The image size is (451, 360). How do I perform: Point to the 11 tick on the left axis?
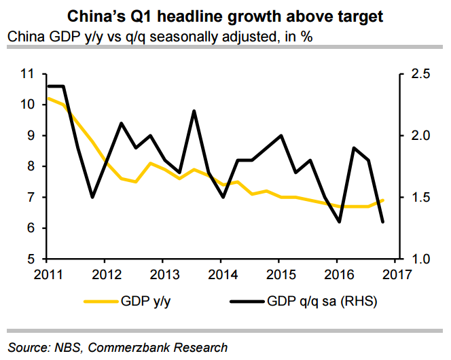click(29, 73)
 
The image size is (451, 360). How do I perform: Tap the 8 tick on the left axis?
click(33, 166)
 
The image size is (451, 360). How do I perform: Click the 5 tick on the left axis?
click(33, 259)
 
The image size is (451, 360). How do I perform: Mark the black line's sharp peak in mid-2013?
click(194, 111)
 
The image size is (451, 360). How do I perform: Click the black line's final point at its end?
click(383, 222)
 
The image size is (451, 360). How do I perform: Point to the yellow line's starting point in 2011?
click(47, 98)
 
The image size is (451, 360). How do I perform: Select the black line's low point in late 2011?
click(92, 198)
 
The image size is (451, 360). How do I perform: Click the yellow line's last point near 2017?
click(383, 200)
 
